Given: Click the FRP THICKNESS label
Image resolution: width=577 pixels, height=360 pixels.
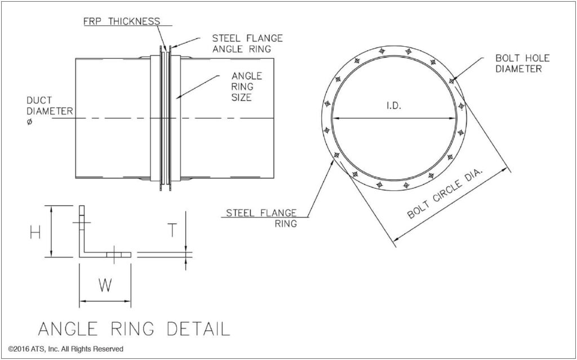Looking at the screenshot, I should coord(122,21).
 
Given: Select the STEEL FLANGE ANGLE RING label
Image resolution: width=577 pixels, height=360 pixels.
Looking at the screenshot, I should coord(247,43).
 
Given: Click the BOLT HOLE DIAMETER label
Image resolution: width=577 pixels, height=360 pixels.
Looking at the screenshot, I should coord(518,64).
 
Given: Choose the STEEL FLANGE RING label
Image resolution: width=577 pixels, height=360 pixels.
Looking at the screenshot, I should coord(260,217).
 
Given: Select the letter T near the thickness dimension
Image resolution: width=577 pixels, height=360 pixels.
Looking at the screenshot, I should coord(173,230).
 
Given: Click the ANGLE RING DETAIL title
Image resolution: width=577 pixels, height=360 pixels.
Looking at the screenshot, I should coord(134,328).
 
